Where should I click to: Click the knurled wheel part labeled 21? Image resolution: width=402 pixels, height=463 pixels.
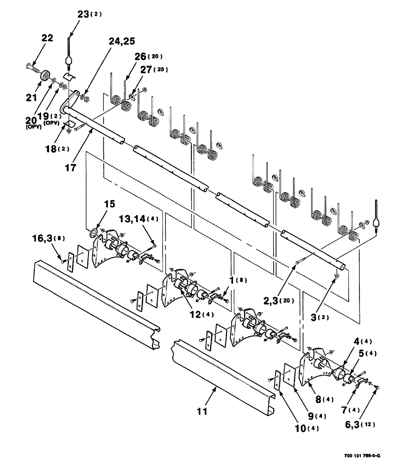(45, 75)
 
